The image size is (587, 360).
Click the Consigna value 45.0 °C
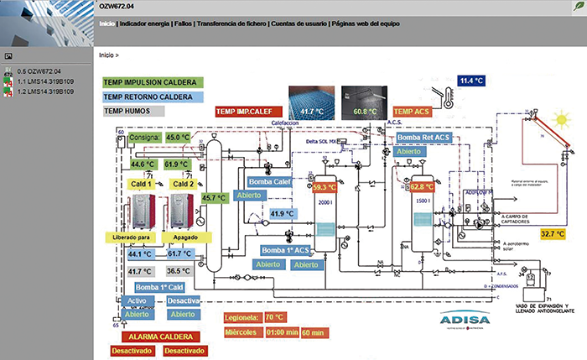(178, 137)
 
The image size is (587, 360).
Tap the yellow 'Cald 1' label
(141, 183)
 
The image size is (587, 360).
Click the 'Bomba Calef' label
(269, 181)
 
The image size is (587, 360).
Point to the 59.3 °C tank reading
(324, 188)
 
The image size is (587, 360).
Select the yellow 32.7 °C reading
(553, 233)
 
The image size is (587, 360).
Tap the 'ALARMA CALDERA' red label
(159, 336)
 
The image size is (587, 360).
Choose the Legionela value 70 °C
(275, 317)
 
